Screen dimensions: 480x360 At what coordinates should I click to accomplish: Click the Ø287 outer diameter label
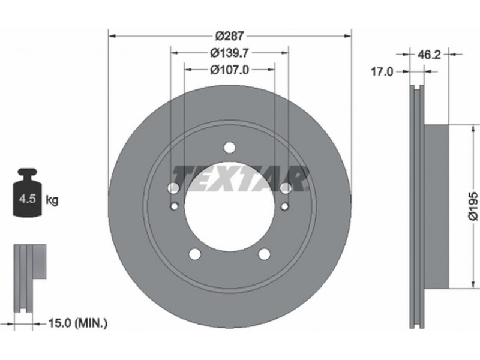pyautogui.click(x=230, y=36)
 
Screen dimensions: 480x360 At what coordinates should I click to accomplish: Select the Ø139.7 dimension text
pyautogui.click(x=229, y=53)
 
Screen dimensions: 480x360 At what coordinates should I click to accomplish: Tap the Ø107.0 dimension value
pyautogui.click(x=230, y=70)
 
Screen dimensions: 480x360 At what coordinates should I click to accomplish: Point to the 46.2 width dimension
pyautogui.click(x=429, y=55)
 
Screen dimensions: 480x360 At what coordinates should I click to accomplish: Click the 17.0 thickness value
pyautogui.click(x=382, y=72)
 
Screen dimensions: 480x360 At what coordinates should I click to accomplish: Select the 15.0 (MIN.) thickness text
pyautogui.click(x=78, y=323)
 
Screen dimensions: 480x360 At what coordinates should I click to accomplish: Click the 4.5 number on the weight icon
pyautogui.click(x=28, y=199)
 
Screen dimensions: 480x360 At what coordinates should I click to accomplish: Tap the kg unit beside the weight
pyautogui.click(x=52, y=200)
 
